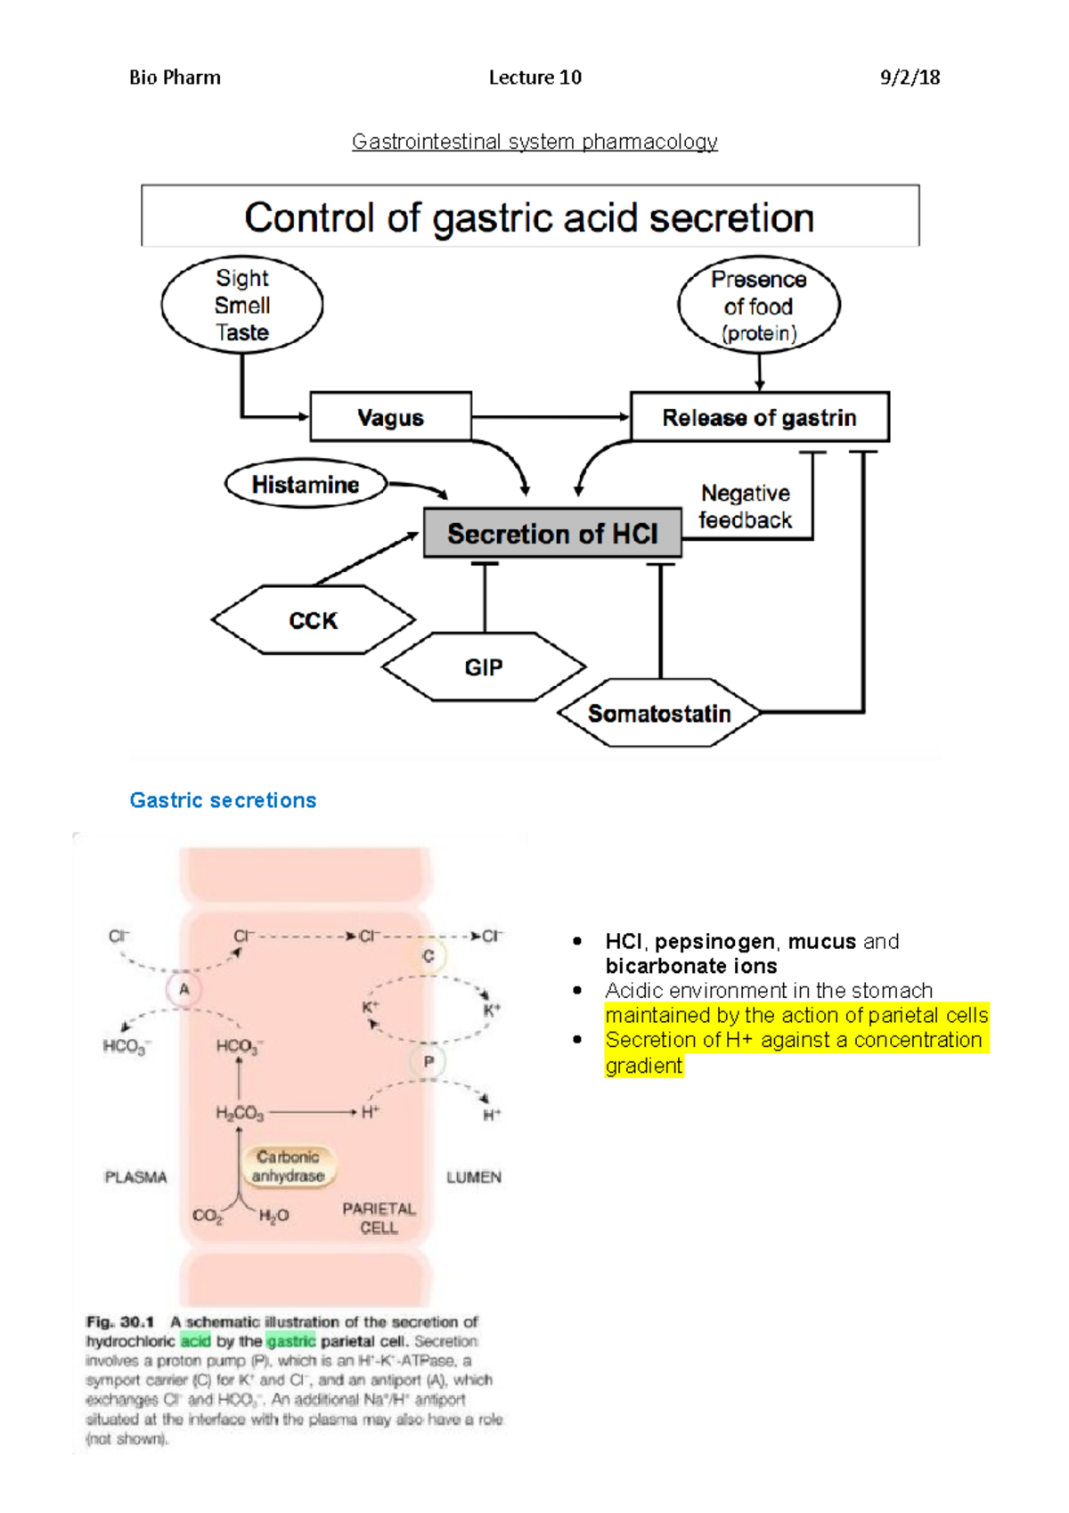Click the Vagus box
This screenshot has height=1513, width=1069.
point(390,417)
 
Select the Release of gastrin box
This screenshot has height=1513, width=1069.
point(759,417)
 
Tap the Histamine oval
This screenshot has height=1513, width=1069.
point(306,485)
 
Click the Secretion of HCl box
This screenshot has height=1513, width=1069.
point(552,534)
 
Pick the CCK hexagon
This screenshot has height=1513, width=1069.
point(313,620)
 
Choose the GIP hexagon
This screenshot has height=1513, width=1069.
point(484,667)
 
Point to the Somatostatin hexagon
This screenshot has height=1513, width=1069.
point(659,714)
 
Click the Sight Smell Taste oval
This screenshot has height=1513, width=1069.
point(242,305)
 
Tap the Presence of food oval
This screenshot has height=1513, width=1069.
point(758,306)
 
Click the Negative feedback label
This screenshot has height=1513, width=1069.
point(746,506)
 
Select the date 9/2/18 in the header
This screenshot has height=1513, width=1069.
point(910,78)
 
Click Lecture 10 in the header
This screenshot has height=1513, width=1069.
point(534,78)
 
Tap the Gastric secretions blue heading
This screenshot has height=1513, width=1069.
point(223,800)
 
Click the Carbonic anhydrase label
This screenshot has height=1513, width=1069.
point(288,1166)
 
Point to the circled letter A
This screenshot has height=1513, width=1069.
point(184,989)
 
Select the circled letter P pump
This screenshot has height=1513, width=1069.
point(428,1061)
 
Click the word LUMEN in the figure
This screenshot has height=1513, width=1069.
point(474,1177)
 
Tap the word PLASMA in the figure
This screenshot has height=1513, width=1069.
point(135,1177)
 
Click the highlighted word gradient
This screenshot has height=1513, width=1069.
point(643,1066)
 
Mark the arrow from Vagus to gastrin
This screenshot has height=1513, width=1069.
point(551,416)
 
